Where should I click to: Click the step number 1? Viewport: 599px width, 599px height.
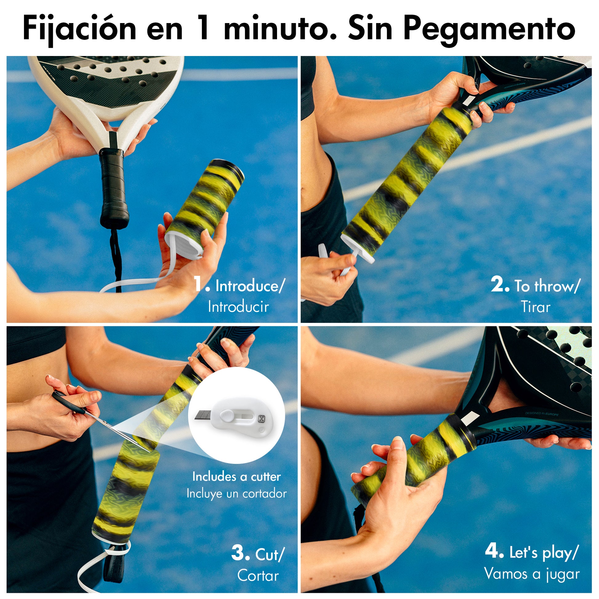tap(202, 284)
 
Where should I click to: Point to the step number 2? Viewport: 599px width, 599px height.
tap(500, 284)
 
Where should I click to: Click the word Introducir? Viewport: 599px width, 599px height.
tap(239, 307)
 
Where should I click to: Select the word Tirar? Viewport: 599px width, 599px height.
tap(536, 307)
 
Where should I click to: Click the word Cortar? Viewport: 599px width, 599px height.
tap(258, 575)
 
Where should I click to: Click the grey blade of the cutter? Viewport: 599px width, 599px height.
tap(204, 415)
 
